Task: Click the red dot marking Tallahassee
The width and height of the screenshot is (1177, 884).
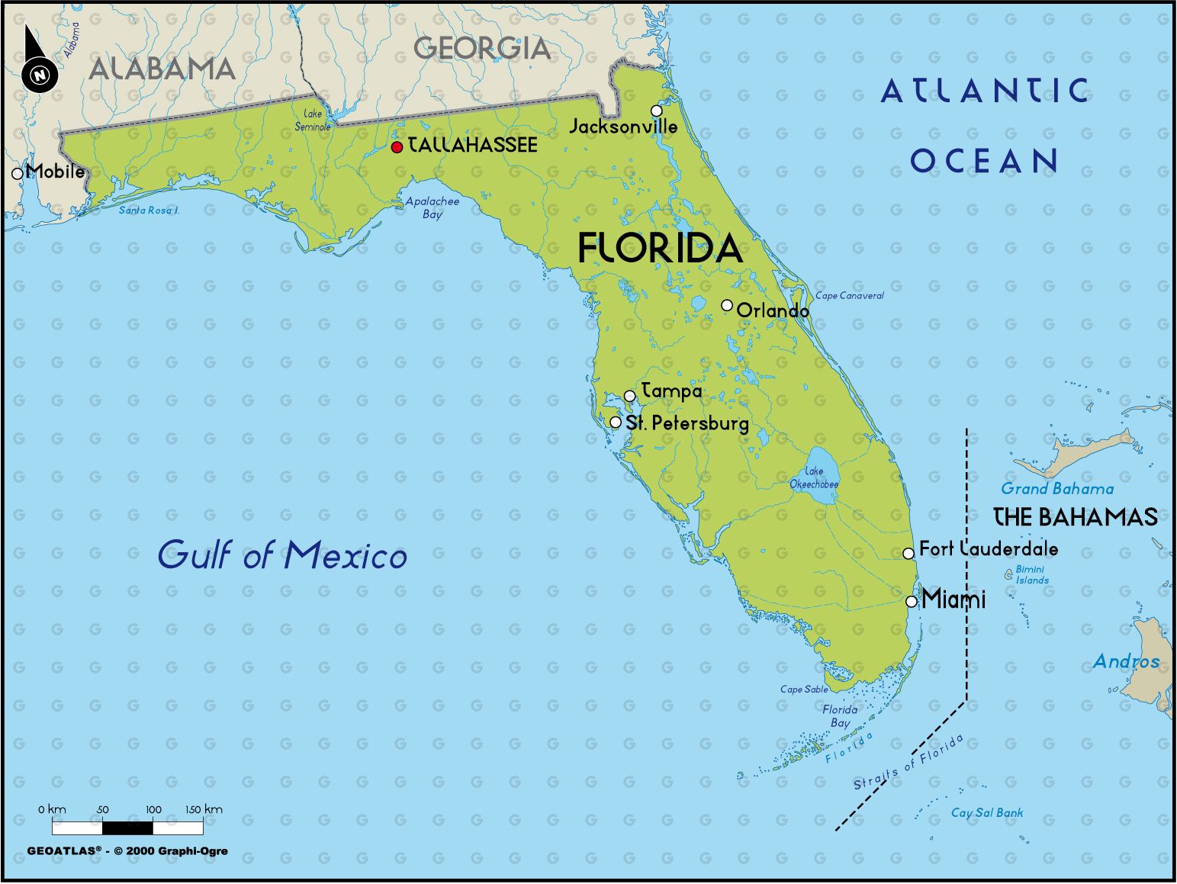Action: pos(397,147)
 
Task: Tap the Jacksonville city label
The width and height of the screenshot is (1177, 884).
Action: pos(623,127)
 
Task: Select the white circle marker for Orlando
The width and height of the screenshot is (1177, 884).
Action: pos(727,305)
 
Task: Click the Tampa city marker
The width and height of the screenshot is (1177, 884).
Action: pos(630,396)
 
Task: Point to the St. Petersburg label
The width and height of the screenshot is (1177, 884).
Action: pos(687,423)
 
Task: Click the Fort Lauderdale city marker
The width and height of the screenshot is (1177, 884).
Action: pos(908,553)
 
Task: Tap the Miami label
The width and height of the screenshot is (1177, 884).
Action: pos(953,600)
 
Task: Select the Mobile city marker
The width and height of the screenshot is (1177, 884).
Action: pos(17,174)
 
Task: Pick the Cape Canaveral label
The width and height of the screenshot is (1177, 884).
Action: pos(850,296)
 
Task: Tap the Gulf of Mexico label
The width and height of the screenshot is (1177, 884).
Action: pos(282,555)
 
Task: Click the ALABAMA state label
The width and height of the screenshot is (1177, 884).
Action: pos(162,69)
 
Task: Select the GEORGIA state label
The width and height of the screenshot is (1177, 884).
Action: pos(481,49)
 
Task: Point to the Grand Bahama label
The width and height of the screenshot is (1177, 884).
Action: pos(1057,489)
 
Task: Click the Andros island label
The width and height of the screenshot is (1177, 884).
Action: pos(1126,661)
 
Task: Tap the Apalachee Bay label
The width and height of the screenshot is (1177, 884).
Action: pos(433,207)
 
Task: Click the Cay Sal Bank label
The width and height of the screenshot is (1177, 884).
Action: pos(987,813)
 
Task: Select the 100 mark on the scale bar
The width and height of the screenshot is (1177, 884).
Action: pos(153,810)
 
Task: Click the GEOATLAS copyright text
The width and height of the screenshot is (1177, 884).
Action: pos(127,851)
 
